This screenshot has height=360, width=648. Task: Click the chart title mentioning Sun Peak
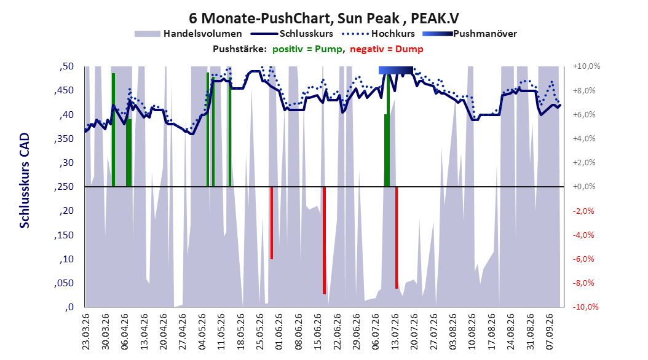pos(324,18)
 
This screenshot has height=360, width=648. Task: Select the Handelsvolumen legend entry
pos(189,34)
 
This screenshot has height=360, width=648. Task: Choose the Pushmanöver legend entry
pos(470,34)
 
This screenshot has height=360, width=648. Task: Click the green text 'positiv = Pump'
pos(307,49)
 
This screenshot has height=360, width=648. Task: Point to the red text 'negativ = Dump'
pos(387,49)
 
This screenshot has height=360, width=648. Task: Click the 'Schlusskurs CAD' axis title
pos(25,181)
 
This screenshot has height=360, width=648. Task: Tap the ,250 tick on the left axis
pos(64,187)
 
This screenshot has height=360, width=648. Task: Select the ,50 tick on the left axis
pos(66,66)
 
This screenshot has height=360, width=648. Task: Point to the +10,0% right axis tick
pos(587,66)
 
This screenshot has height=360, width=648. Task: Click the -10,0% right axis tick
pos(585,307)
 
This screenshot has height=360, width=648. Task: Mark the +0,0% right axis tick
pos(584,187)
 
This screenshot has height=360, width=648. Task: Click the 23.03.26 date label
pos(85,332)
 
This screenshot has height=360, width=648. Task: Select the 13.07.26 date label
pos(395,332)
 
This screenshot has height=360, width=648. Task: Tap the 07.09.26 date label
pos(549,332)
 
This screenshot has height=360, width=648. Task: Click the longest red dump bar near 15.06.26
pos(325,240)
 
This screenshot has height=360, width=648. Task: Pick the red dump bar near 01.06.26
pos(272,223)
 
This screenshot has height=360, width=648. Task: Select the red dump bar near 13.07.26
pos(397,238)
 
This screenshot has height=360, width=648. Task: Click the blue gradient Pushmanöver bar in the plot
pos(395,70)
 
